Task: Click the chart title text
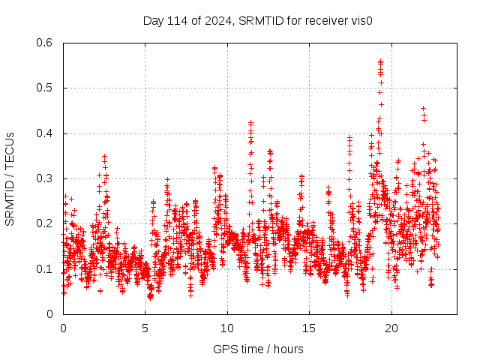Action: pos(258,20)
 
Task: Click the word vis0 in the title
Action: pos(362,20)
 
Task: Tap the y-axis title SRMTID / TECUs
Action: pos(10,179)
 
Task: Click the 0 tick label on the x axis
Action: pos(63,328)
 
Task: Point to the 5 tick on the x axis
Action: pos(145,328)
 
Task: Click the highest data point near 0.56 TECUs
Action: pos(381,61)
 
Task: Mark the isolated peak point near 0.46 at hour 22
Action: pos(424,109)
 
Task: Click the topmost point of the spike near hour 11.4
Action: pos(250,122)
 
